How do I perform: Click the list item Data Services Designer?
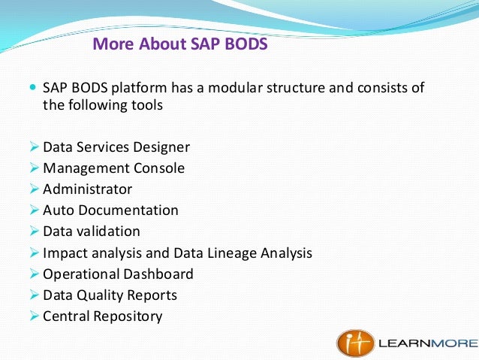pos(116,147)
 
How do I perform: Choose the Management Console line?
pos(113,168)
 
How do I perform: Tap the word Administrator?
pos(88,189)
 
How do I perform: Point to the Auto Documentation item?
pos(110,210)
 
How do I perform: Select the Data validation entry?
pos(92,231)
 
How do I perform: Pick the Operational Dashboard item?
pos(118,274)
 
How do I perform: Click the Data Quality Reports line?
pos(110,295)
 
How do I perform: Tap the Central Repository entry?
pos(103,316)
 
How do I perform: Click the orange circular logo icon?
pos(352,343)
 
